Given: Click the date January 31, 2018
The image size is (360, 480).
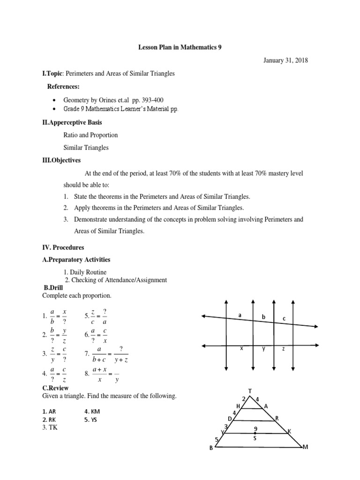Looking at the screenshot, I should [x=285, y=60].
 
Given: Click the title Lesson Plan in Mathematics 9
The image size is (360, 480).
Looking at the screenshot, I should [x=180, y=47].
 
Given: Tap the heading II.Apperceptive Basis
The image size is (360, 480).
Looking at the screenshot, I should [x=72, y=122].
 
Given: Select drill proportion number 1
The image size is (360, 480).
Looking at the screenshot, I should [x=55, y=316].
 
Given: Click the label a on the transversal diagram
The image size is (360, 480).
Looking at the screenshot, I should [x=240, y=315].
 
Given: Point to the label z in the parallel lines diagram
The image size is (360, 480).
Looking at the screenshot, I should [x=283, y=349].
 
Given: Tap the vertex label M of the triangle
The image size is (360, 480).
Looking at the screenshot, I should [x=305, y=448].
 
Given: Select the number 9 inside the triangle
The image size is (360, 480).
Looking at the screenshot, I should [x=255, y=428].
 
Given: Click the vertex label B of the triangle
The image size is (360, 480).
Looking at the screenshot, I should [x=211, y=449].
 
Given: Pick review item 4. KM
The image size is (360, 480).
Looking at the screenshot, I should [x=92, y=411].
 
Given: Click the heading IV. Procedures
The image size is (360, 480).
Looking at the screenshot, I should [x=62, y=247].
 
